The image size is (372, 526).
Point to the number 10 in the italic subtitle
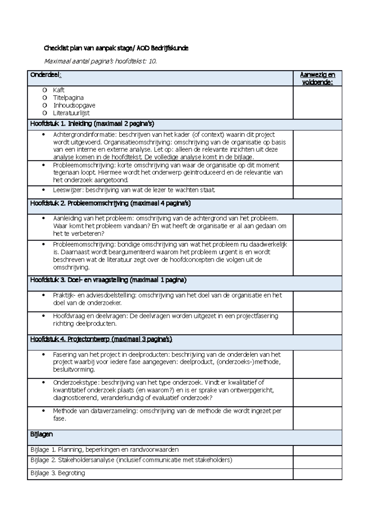[x=152, y=61]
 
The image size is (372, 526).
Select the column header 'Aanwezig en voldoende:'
[x=317, y=79]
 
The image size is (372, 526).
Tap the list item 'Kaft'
[x=59, y=90]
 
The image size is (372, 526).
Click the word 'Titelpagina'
[x=68, y=98]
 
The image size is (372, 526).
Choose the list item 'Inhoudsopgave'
[x=74, y=106]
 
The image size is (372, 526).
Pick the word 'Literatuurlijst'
[x=71, y=113]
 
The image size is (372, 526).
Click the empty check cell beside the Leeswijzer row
[x=317, y=192]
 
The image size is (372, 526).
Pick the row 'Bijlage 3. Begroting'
[x=58, y=473]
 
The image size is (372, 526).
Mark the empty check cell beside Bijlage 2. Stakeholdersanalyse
[x=317, y=462]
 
